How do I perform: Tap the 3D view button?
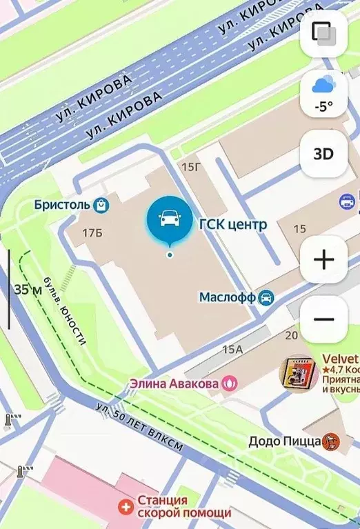tap(323, 154)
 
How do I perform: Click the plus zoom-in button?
tap(323, 259)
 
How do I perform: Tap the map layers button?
tap(323, 33)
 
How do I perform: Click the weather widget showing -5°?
tap(323, 94)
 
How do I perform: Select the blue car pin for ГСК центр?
tap(169, 220)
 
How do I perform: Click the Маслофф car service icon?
tap(266, 297)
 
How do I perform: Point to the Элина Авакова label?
tap(175, 383)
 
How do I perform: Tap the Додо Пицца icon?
tap(332, 440)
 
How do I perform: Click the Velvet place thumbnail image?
tap(299, 375)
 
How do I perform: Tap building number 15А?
tap(232, 350)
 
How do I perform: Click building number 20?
tap(291, 335)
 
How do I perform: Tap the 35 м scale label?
tap(28, 289)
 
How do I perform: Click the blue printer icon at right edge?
tap(348, 202)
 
